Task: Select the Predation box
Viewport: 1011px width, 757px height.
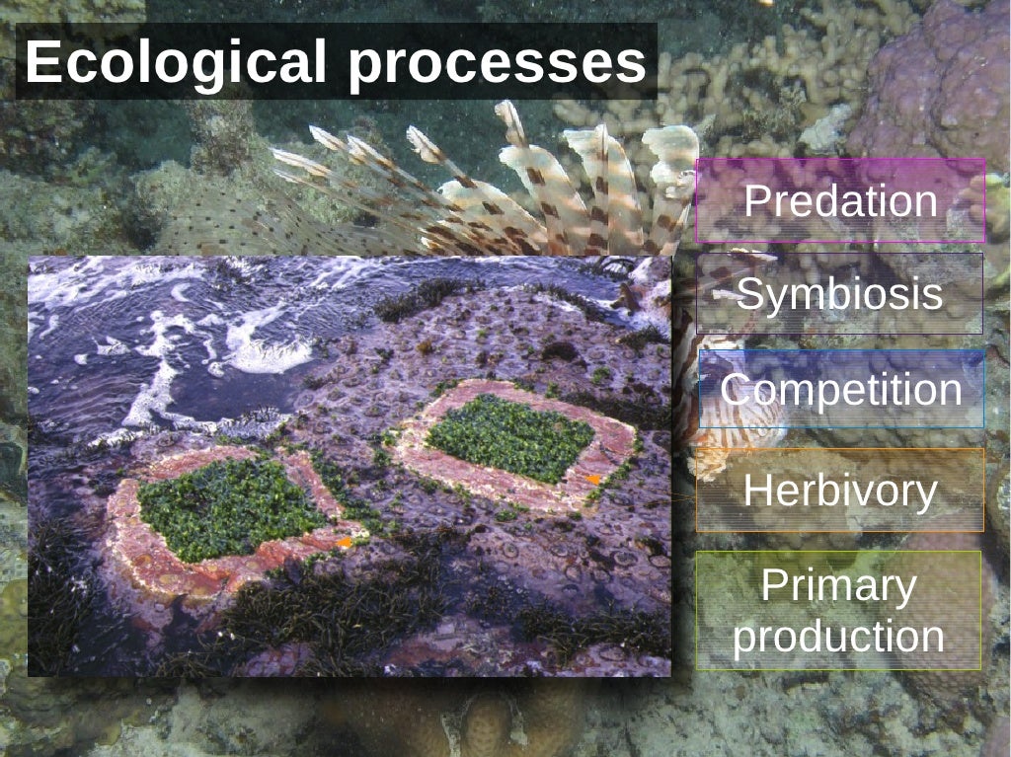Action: (x=840, y=201)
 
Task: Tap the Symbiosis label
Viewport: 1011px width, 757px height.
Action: (x=840, y=293)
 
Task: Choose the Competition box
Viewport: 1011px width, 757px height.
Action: (x=840, y=389)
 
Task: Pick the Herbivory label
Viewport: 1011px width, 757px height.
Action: (x=840, y=490)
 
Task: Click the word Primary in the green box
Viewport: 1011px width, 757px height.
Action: (x=838, y=586)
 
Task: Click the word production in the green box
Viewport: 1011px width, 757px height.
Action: (x=838, y=636)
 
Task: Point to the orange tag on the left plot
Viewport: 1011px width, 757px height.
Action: (x=344, y=542)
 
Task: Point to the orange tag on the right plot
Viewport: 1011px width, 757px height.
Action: (x=593, y=479)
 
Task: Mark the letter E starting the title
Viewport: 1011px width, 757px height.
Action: (x=40, y=62)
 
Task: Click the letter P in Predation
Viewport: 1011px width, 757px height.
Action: (x=756, y=201)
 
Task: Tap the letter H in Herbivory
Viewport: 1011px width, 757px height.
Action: (x=756, y=490)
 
